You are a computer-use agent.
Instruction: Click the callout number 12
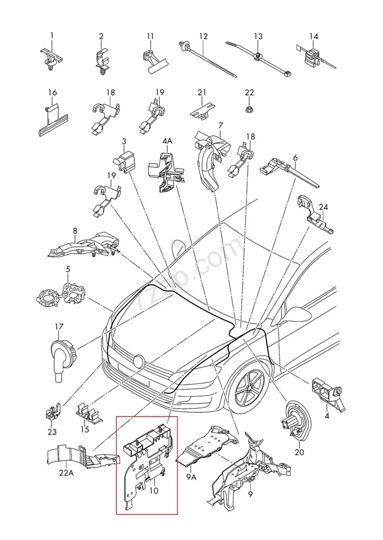click(x=204, y=36)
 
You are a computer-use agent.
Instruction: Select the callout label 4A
click(x=167, y=141)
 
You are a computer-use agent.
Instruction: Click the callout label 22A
click(x=66, y=473)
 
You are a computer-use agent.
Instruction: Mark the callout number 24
click(x=324, y=207)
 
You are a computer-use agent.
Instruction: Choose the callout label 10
click(x=154, y=490)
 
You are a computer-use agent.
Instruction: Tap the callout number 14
click(x=314, y=36)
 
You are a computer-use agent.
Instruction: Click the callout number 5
click(x=68, y=270)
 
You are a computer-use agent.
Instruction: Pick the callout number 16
click(x=53, y=93)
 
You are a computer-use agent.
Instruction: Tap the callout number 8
click(x=75, y=231)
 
